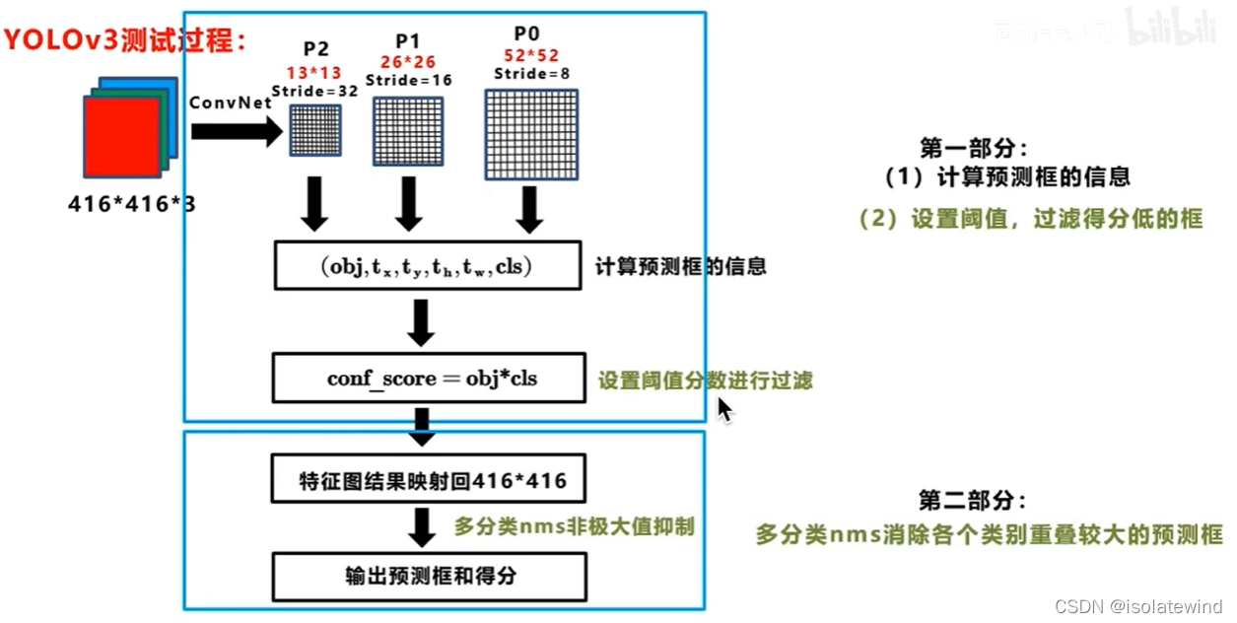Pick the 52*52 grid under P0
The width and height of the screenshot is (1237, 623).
pos(530,135)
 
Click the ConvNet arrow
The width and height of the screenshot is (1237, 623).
pos(236,131)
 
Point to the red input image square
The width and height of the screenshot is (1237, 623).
pos(120,137)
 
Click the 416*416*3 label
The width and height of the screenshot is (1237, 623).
pos(132,204)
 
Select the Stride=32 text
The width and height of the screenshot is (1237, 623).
pos(312,91)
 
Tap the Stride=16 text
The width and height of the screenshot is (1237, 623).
pos(408,80)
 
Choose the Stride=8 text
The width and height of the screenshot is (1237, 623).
pos(532,73)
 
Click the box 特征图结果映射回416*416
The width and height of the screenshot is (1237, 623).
pos(428,481)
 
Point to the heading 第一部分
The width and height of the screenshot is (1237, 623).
pos(973,148)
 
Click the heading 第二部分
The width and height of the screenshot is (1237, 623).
pos(973,501)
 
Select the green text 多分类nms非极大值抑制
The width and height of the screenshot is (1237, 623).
pos(574,526)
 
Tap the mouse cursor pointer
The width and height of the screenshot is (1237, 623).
pos(724,408)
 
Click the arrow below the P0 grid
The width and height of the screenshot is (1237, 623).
pos(530,208)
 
